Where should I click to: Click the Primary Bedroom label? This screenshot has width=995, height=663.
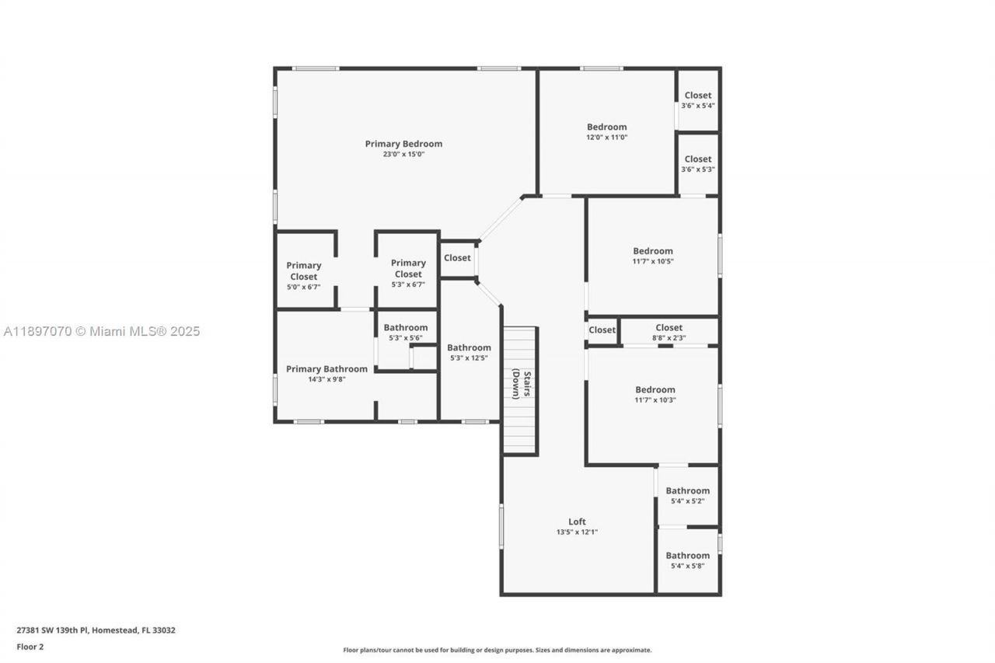click(x=403, y=144)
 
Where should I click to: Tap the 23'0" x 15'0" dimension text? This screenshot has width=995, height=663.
click(x=403, y=155)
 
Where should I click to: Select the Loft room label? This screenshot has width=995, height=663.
click(x=577, y=522)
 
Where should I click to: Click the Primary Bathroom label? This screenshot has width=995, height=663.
click(x=326, y=369)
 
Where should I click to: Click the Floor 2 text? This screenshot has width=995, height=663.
click(x=30, y=647)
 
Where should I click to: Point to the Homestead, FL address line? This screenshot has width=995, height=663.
click(x=96, y=630)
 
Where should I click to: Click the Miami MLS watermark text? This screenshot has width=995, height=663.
click(x=101, y=332)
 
